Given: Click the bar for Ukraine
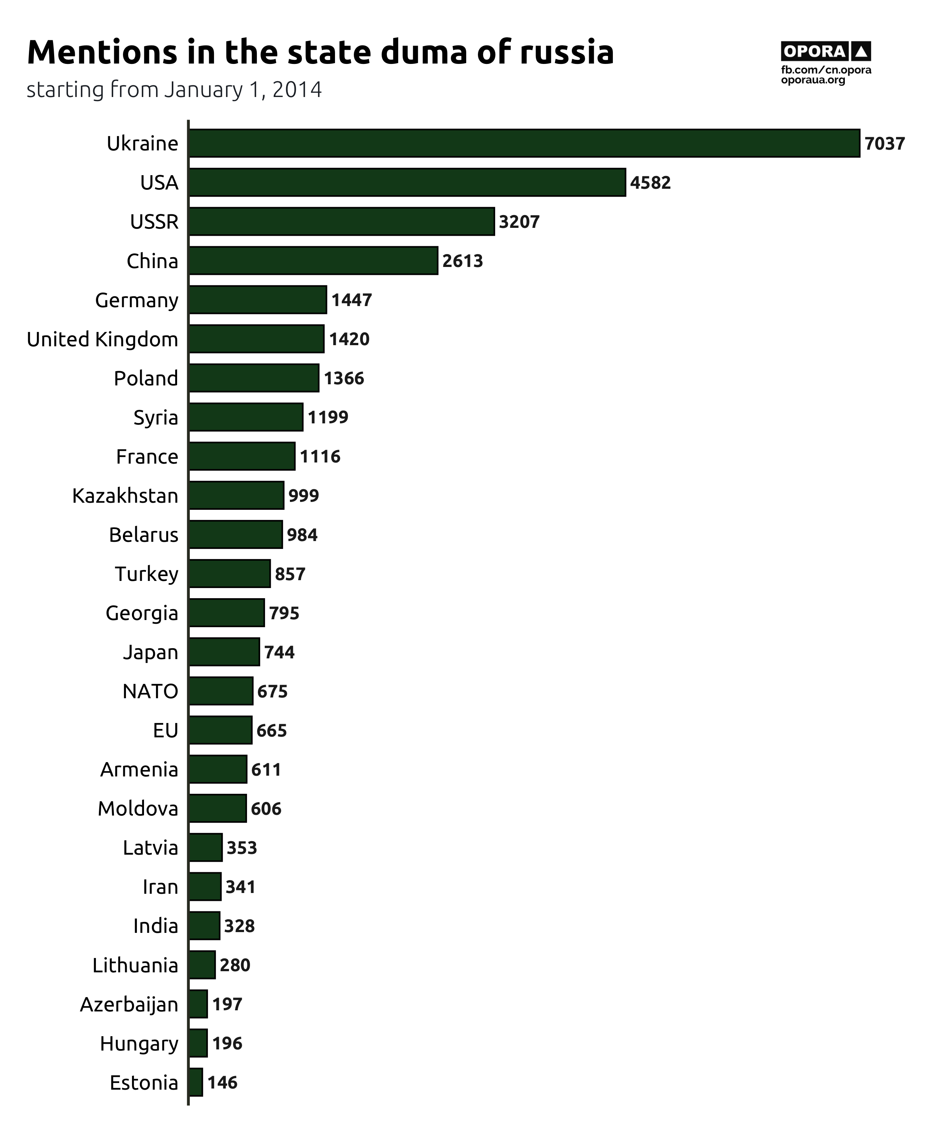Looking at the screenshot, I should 524,143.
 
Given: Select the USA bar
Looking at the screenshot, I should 407,183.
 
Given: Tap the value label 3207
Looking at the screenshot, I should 519,222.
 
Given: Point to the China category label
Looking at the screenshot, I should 152,261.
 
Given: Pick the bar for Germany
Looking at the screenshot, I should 258,300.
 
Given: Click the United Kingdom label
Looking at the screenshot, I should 102,340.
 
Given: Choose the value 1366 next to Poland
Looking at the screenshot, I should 344,379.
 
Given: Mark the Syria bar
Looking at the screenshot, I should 246,417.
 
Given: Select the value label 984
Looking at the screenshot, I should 302,535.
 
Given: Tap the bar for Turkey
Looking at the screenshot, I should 229,574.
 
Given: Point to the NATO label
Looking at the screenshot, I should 150,691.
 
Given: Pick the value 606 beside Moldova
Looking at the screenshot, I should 266,809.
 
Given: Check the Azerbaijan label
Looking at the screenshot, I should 129,1004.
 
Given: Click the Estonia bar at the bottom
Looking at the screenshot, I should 196,1083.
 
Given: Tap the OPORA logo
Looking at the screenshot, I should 826,52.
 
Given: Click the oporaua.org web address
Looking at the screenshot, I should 813,80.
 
